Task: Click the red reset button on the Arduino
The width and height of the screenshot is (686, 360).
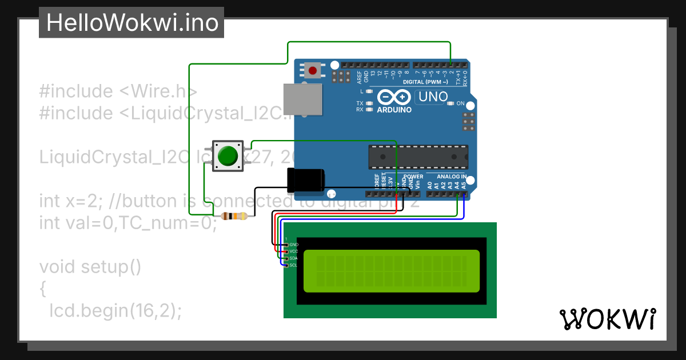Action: point(313,71)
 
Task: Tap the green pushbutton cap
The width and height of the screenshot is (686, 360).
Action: point(228,156)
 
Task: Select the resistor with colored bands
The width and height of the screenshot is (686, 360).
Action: point(234,216)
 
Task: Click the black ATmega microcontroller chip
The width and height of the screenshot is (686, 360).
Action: point(418,157)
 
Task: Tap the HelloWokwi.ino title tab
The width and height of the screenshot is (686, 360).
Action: point(131,23)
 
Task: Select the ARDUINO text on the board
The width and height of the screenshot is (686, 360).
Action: point(394,110)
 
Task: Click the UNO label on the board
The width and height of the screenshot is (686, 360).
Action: point(433,97)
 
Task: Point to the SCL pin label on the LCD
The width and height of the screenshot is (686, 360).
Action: point(293,265)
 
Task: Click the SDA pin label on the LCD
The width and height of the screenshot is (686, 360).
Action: point(293,258)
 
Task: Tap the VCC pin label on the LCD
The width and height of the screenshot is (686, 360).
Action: point(293,251)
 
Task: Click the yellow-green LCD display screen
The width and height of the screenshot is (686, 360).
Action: point(391,271)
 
